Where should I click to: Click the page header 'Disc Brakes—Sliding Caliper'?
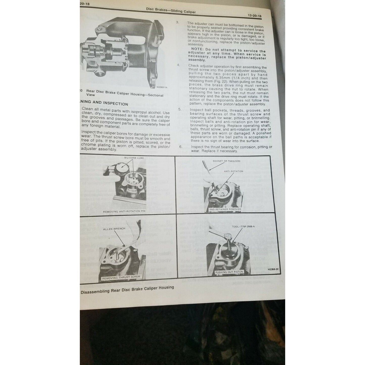pos(171,10)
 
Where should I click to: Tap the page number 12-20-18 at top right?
pos(254,16)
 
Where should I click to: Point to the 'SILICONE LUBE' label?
pos(134,158)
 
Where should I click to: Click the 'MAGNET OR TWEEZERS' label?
pos(226,161)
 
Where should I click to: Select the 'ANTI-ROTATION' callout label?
pos(233,171)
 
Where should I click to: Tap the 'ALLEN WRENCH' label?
pos(114,229)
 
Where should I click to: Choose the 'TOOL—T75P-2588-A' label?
pos(243,226)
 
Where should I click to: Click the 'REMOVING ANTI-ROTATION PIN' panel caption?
pos(124,211)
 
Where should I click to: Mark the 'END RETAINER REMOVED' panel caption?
pos(225,209)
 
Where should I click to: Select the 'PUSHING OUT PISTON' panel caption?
pos(229,272)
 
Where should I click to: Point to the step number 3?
pos(177,22)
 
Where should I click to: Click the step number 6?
pos(180,147)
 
